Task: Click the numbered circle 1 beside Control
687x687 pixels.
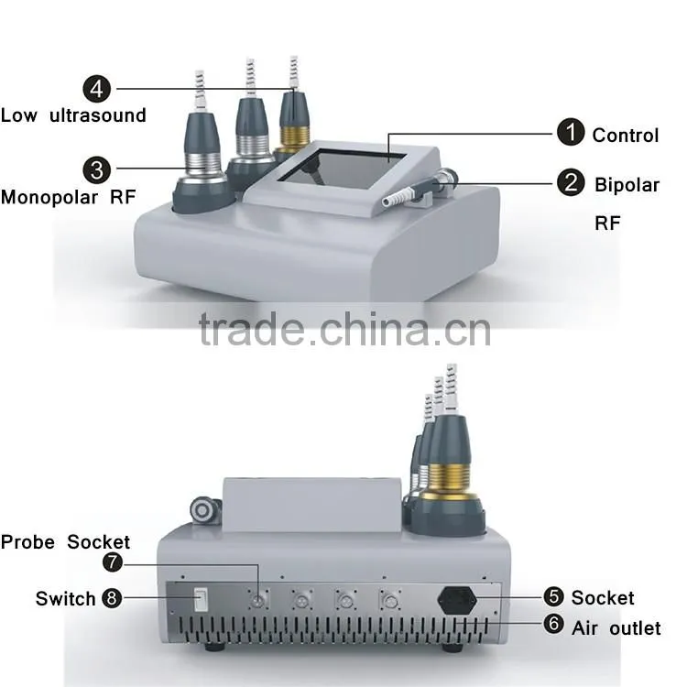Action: point(571,132)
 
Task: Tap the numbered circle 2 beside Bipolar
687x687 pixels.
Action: point(571,182)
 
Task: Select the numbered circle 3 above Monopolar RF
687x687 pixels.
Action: point(96,170)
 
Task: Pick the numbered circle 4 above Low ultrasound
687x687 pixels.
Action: point(96,89)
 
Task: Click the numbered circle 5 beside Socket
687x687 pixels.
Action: point(553,596)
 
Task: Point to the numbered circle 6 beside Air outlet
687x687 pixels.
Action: point(553,624)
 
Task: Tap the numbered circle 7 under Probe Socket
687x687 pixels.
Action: point(112,562)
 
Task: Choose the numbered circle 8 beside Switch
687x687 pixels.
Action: point(112,598)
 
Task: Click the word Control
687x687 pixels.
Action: point(626,136)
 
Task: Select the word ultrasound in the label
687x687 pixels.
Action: point(98,115)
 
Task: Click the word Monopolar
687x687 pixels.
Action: point(49,198)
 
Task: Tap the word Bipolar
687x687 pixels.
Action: point(627,185)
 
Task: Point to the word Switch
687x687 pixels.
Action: point(65,599)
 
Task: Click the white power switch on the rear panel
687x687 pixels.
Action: point(201,599)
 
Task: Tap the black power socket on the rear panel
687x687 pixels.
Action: point(457,600)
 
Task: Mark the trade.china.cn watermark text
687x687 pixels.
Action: point(344,329)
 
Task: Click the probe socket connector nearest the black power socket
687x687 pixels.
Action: point(389,600)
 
